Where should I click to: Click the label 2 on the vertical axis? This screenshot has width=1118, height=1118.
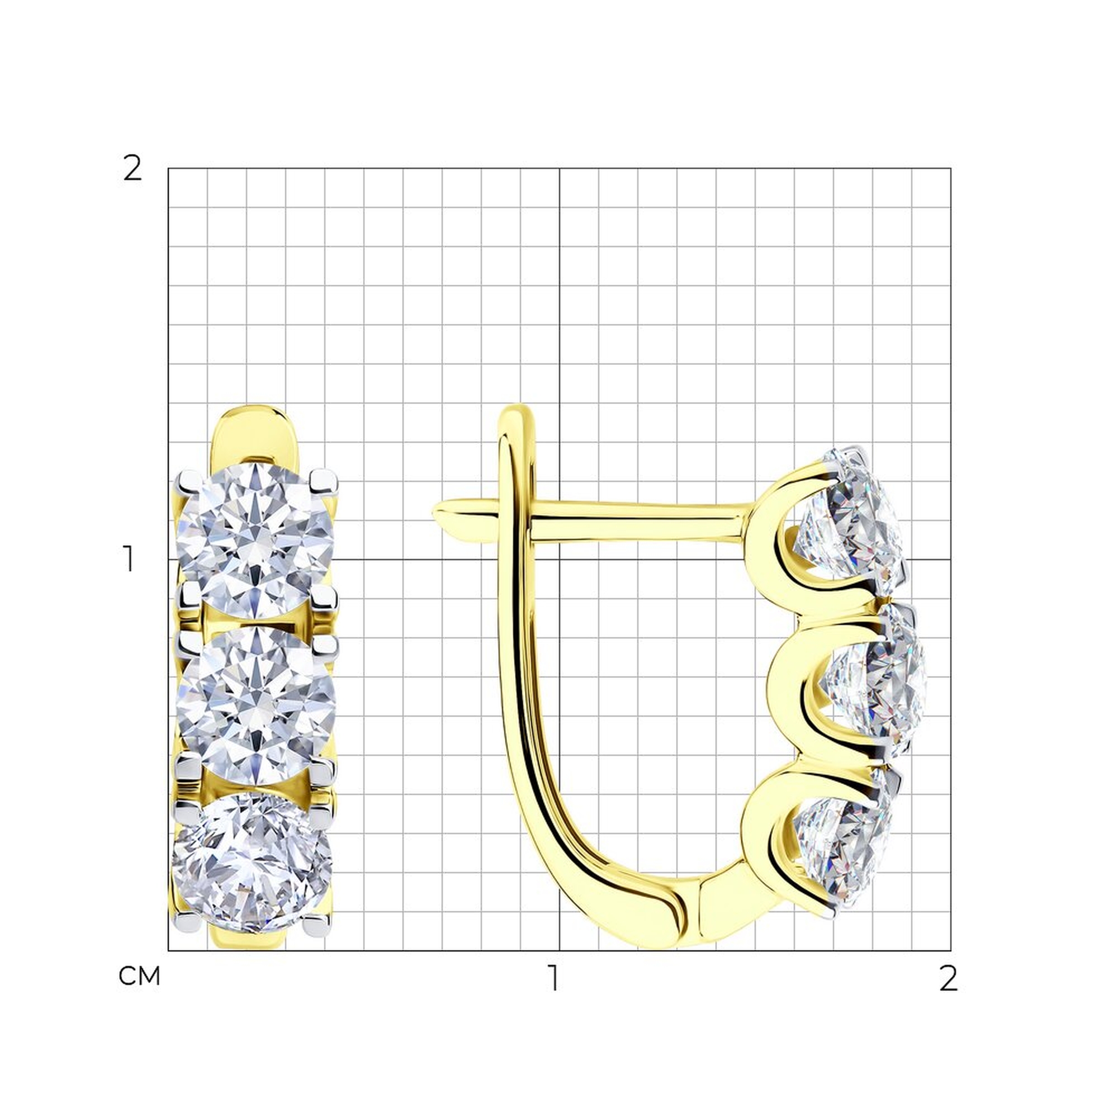point(132,169)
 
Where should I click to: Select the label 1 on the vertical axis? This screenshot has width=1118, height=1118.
point(129,559)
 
